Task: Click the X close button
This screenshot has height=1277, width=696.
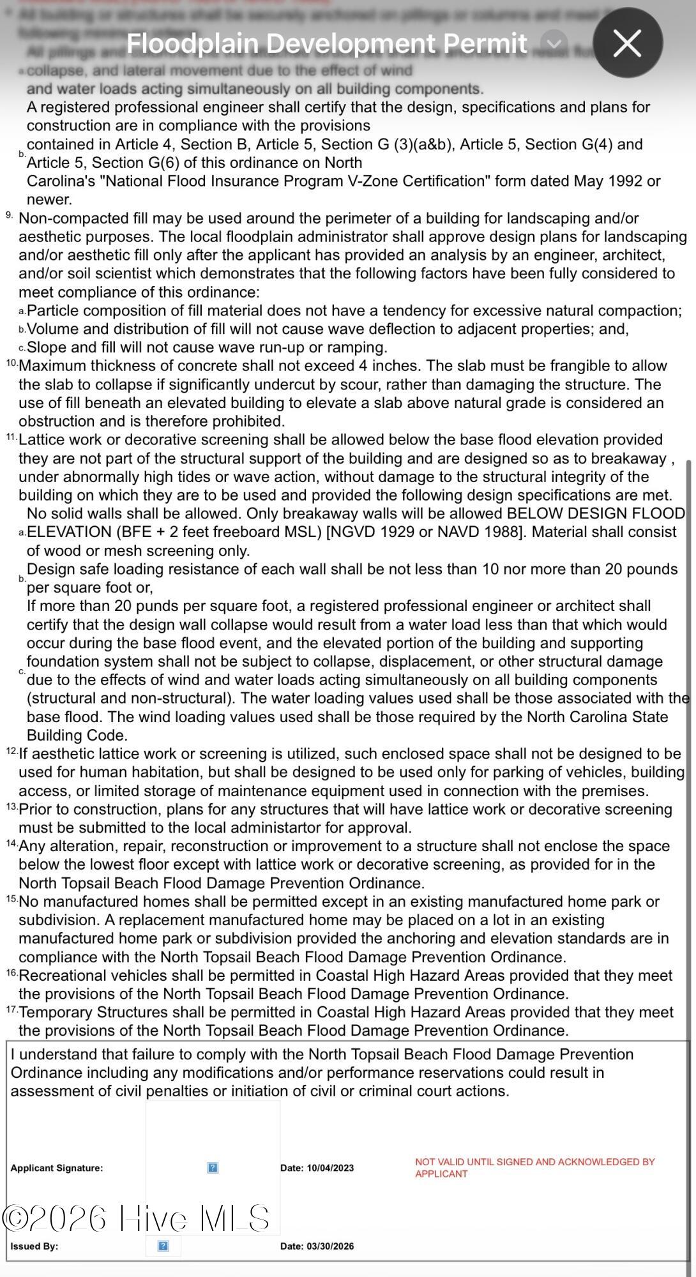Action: point(627,43)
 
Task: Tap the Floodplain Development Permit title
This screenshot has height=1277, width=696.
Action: point(326,43)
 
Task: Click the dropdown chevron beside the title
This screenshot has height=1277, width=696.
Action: point(553,43)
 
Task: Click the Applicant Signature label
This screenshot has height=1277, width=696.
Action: point(56,1168)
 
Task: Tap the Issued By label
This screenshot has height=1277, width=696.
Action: point(34,1246)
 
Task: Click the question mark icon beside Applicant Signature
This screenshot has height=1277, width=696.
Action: point(213,1167)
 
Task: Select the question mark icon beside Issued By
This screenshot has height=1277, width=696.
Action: point(163,1246)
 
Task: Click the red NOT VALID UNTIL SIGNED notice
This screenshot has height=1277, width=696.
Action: point(534,1167)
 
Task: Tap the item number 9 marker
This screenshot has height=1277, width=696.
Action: point(10,215)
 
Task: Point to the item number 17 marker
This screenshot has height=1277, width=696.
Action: point(12,1009)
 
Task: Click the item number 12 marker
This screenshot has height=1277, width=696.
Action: point(12,751)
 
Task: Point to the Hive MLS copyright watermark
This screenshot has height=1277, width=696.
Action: point(137,1218)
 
